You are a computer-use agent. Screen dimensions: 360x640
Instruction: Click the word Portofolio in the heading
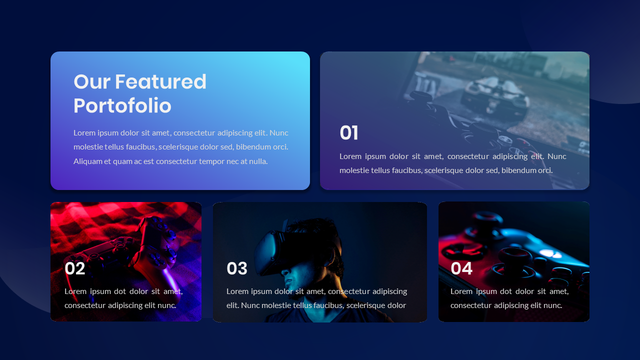(122, 106)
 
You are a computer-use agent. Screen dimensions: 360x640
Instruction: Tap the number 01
(349, 133)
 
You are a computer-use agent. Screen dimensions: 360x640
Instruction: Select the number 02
(75, 269)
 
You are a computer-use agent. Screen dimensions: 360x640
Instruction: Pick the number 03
(237, 269)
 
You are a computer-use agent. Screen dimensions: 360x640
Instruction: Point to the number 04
(461, 269)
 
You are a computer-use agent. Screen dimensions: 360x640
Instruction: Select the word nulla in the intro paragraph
(258, 161)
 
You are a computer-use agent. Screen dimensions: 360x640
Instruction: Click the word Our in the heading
(88, 82)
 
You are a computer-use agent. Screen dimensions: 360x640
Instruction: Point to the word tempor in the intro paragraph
(212, 161)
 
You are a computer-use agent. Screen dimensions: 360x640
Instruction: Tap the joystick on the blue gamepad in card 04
(510, 257)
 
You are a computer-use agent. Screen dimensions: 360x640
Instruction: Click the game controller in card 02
(145, 245)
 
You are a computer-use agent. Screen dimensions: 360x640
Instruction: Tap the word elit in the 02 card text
(150, 305)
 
